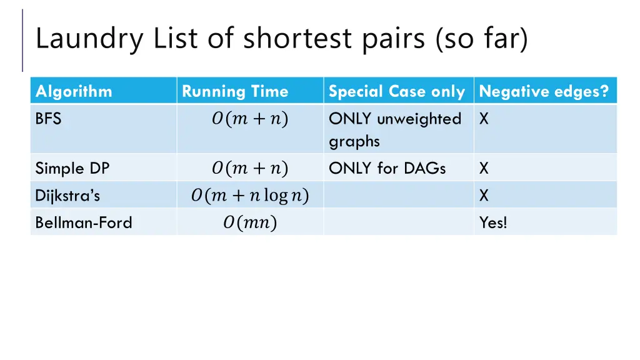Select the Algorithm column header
click(74, 92)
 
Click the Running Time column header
click(235, 92)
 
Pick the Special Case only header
click(396, 92)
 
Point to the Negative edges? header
click(544, 92)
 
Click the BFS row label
click(48, 119)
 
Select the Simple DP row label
click(72, 168)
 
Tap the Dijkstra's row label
click(67, 196)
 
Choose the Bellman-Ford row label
click(84, 222)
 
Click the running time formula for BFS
click(249, 119)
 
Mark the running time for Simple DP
click(249, 168)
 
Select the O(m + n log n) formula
click(249, 196)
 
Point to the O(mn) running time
click(249, 222)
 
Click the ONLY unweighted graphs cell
click(395, 129)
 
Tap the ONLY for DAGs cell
click(387, 168)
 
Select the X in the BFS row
click(484, 119)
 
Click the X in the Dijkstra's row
click(484, 196)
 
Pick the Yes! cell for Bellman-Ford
click(493, 222)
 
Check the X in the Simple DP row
click(484, 168)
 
